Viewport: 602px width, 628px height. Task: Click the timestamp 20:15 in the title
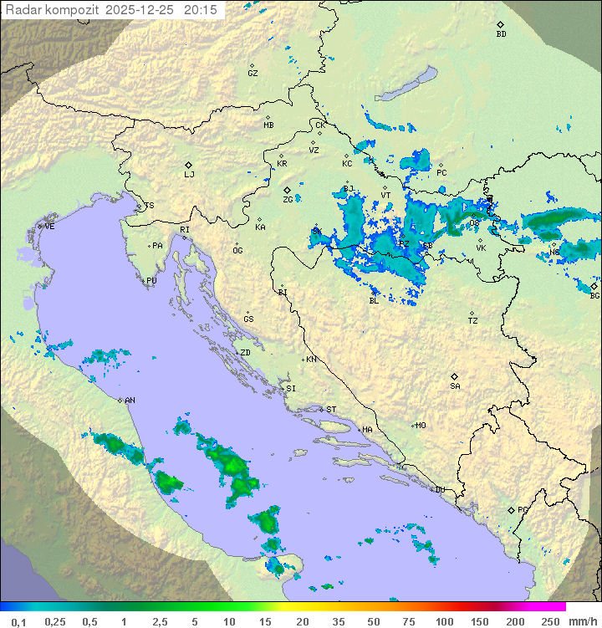point(201,10)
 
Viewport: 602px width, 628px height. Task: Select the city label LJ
point(189,175)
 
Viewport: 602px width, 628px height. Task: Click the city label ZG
point(288,200)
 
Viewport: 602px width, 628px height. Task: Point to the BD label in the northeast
point(501,34)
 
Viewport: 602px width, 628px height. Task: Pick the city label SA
point(455,386)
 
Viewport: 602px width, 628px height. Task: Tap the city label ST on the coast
point(331,410)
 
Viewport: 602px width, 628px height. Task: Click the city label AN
point(130,401)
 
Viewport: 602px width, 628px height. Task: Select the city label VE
point(49,227)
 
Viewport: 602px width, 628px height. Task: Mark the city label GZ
point(253,74)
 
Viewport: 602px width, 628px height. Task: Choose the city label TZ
point(473,321)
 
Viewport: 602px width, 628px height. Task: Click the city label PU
point(151,281)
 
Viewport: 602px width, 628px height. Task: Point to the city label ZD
point(245,353)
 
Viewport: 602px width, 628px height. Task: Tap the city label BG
point(594,295)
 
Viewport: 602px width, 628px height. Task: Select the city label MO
point(421,426)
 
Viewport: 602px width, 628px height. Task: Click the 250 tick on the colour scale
point(549,621)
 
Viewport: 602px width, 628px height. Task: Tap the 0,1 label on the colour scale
point(18,621)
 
